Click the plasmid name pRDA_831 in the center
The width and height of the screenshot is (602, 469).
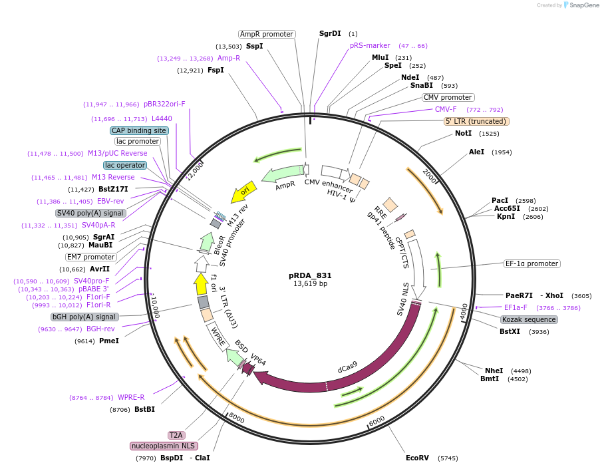310,275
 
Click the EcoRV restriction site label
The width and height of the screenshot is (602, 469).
417,458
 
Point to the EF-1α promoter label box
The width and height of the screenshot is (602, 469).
531,263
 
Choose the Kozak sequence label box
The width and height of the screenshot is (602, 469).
529,319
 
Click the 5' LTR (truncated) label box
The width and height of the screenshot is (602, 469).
476,121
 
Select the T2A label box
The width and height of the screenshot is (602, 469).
176,434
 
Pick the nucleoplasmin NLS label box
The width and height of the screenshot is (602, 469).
164,446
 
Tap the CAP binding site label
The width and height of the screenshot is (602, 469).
138,130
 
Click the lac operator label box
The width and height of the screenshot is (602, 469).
125,165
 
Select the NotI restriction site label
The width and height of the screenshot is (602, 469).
463,134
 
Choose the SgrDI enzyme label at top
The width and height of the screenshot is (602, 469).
330,33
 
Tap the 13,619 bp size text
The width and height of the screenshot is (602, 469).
310,284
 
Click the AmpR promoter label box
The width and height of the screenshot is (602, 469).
266,34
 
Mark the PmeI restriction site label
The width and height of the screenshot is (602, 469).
108,341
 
